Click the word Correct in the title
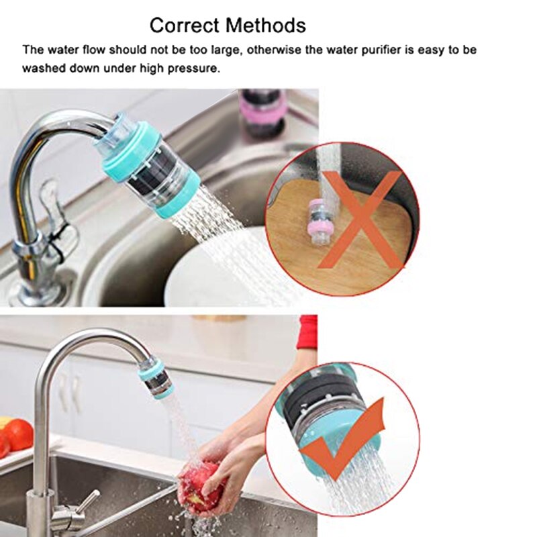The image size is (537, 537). click(x=184, y=26)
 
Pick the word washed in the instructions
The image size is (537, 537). click(x=41, y=68)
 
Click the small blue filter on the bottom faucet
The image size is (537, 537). click(x=155, y=379)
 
